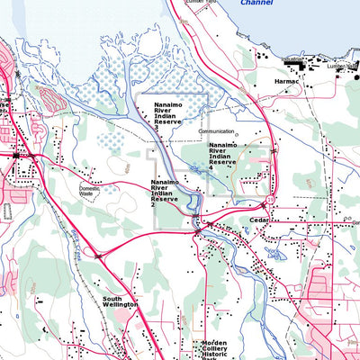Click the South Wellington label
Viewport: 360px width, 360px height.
[x=120, y=301]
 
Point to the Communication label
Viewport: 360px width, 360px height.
[x=217, y=130]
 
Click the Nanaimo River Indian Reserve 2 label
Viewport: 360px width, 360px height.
[x=166, y=193]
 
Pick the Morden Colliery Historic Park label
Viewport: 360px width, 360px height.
[x=214, y=350]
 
